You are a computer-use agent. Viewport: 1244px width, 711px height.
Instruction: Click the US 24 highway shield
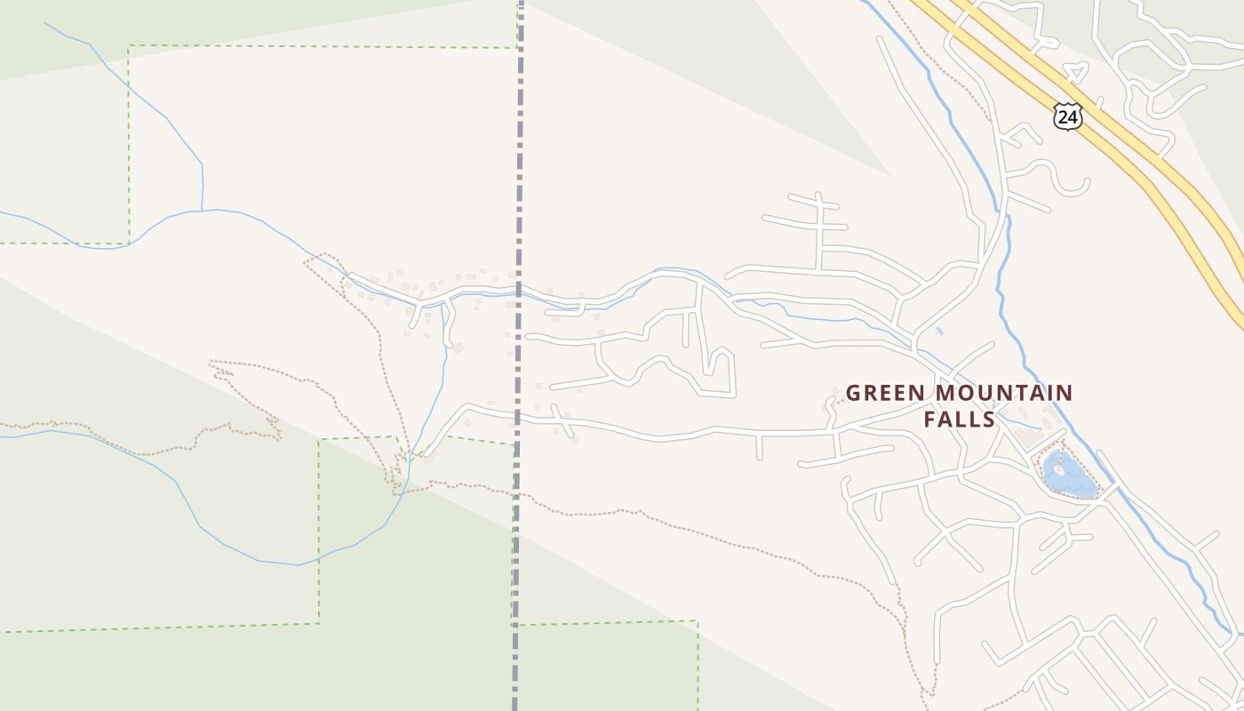[x=1068, y=116]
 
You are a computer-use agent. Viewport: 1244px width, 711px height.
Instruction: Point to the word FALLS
[x=959, y=419]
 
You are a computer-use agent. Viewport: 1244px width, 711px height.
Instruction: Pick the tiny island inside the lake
[x=1058, y=467]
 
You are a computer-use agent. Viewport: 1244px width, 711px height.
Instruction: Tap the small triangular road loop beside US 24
[x=1076, y=74]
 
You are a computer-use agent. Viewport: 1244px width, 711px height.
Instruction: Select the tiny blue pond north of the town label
[x=940, y=332]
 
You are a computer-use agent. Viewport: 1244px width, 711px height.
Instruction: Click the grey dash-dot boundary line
[x=518, y=178]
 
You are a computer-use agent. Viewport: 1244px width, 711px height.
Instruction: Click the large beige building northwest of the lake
[x=1029, y=437]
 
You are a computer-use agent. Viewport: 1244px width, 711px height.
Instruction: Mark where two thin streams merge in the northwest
[x=202, y=211]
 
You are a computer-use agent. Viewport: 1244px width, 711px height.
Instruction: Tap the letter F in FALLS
[x=930, y=419]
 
